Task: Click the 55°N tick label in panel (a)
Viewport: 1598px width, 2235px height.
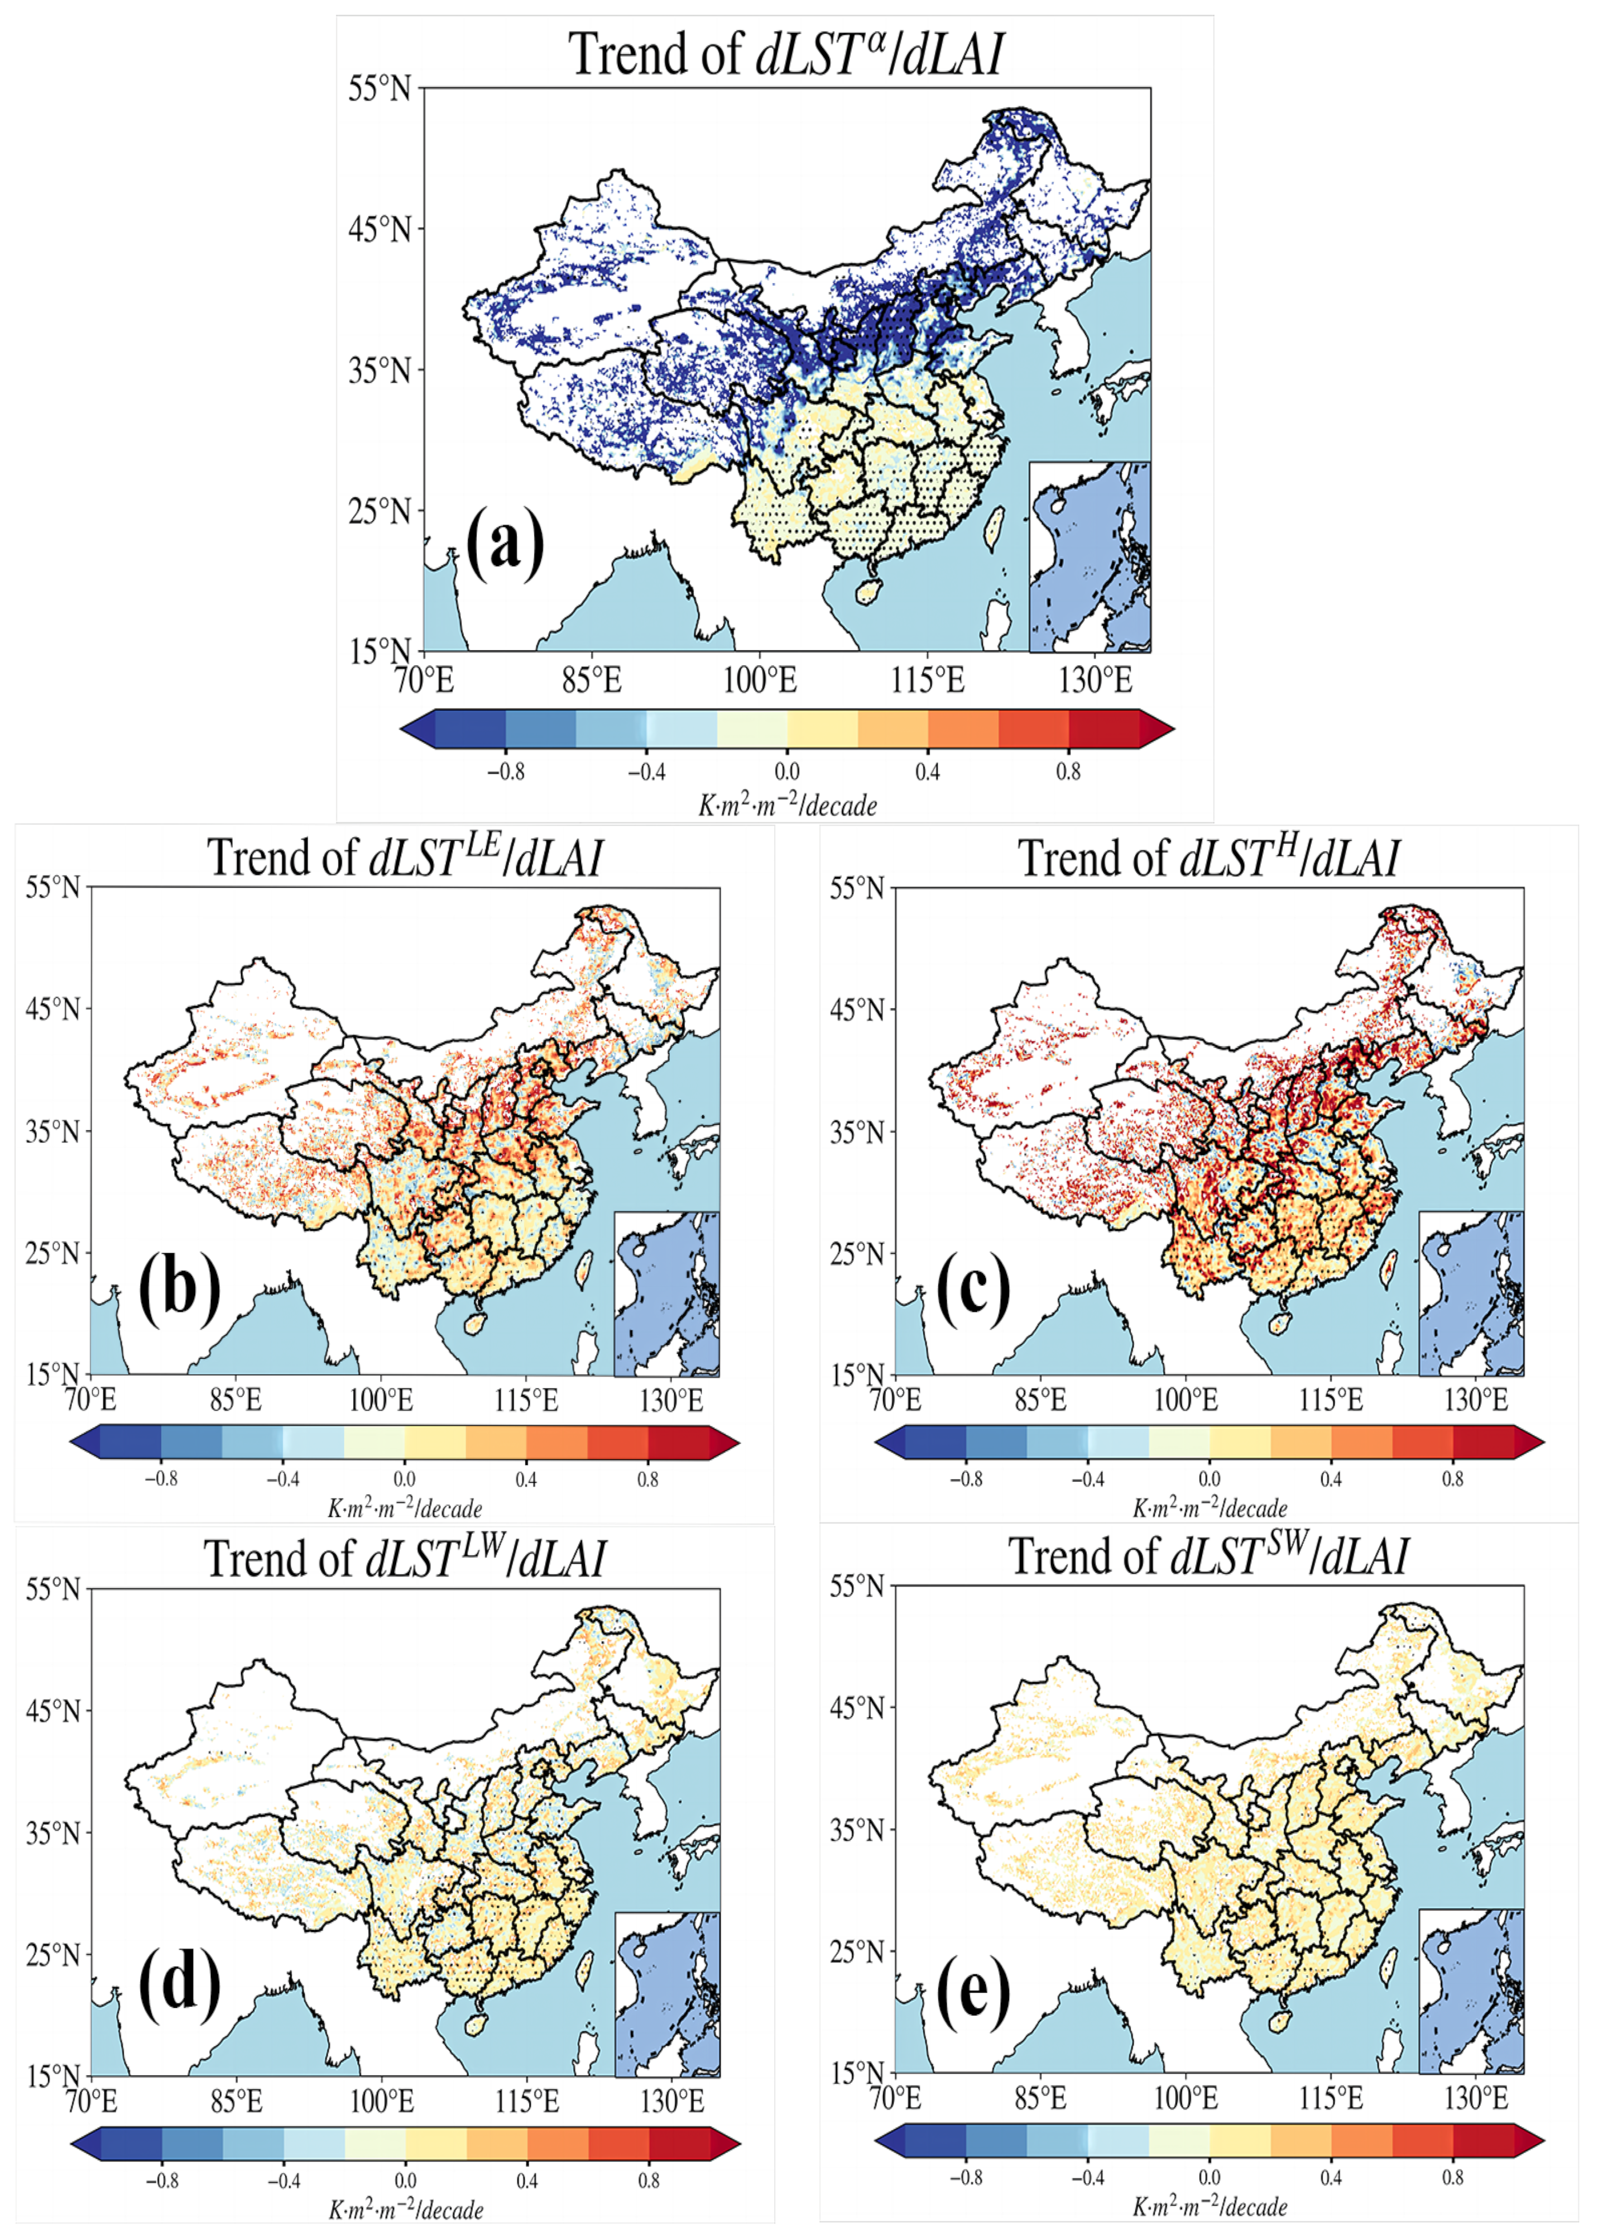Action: [379, 89]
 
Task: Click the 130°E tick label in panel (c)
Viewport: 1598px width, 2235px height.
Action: [1475, 1399]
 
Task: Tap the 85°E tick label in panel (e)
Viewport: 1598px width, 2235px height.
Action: [1040, 2096]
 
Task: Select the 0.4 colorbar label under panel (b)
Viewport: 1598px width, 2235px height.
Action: [526, 1478]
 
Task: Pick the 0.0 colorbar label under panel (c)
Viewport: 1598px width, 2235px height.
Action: [1210, 1478]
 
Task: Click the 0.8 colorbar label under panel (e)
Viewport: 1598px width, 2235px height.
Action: [1452, 2177]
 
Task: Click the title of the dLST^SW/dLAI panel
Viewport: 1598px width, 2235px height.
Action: [1208, 1557]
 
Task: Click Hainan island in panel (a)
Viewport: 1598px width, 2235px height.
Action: [868, 591]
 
